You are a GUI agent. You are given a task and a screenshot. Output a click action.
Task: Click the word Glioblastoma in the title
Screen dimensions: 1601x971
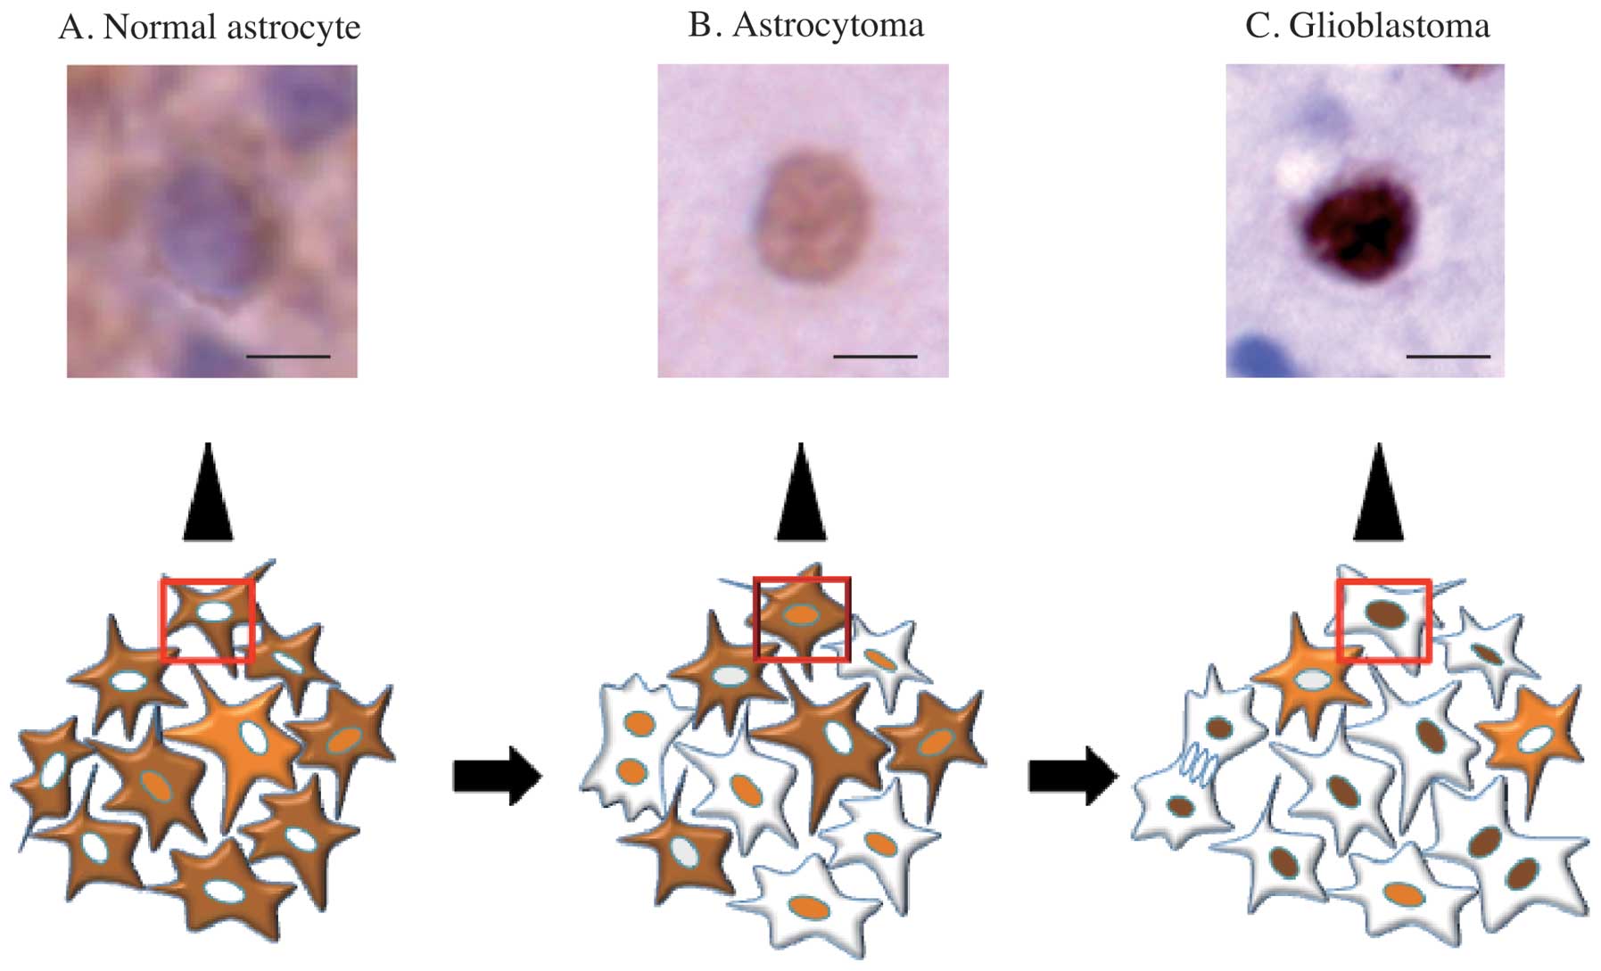(1389, 26)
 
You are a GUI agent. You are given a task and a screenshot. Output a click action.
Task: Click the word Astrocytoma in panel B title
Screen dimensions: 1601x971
(828, 25)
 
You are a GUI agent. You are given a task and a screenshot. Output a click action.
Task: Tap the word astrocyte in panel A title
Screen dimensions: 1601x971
(293, 28)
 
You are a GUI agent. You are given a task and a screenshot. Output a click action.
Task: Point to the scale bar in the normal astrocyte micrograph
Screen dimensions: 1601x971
(287, 357)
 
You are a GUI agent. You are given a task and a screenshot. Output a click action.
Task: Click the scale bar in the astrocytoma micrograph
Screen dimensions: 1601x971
(875, 357)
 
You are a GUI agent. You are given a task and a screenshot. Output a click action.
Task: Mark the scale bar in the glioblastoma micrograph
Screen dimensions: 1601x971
(1448, 357)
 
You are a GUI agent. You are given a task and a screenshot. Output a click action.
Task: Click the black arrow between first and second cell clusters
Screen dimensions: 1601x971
(497, 776)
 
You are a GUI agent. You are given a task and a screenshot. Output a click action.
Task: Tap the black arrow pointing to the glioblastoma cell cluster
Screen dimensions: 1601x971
(1072, 776)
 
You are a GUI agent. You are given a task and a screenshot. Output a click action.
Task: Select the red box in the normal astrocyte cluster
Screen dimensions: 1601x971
(208, 621)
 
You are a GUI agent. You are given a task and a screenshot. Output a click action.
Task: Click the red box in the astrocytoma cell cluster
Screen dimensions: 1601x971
(802, 619)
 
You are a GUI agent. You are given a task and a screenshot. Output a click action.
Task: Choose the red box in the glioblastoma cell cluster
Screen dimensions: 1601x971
(1384, 621)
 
